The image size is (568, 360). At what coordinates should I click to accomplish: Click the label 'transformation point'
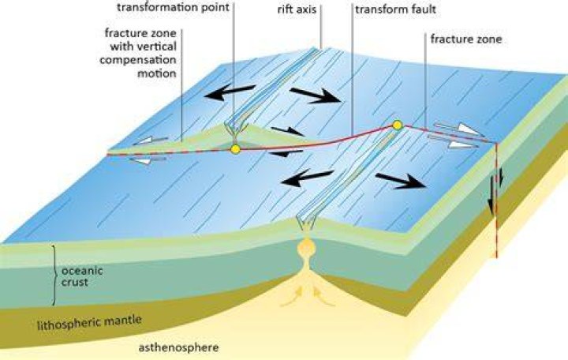pyautogui.click(x=173, y=7)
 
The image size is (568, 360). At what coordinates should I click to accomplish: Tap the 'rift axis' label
pyautogui.click(x=297, y=9)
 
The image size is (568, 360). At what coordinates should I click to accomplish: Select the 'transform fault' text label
pyautogui.click(x=395, y=9)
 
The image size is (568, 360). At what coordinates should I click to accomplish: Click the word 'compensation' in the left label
pyautogui.click(x=138, y=60)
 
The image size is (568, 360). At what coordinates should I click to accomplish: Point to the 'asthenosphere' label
pyautogui.click(x=178, y=347)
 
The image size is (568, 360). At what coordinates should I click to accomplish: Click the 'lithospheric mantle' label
pyautogui.click(x=89, y=322)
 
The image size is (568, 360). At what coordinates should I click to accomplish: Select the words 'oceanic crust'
pyautogui.click(x=82, y=276)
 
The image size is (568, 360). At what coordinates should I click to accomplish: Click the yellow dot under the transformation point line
pyautogui.click(x=235, y=149)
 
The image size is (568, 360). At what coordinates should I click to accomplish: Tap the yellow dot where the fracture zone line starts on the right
pyautogui.click(x=398, y=126)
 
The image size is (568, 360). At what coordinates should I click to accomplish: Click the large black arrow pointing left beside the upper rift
pyautogui.click(x=230, y=92)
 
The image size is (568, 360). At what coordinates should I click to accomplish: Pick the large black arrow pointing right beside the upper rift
pyautogui.click(x=315, y=95)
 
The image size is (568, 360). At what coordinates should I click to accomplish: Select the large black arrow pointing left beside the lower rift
pyautogui.click(x=307, y=178)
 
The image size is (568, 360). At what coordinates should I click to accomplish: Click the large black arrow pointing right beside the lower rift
pyautogui.click(x=401, y=181)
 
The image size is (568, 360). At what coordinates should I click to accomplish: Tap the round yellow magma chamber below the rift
pyautogui.click(x=306, y=248)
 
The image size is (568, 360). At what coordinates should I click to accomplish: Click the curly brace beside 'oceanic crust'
pyautogui.click(x=54, y=276)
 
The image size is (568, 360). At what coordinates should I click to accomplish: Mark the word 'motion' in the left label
pyautogui.click(x=157, y=73)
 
